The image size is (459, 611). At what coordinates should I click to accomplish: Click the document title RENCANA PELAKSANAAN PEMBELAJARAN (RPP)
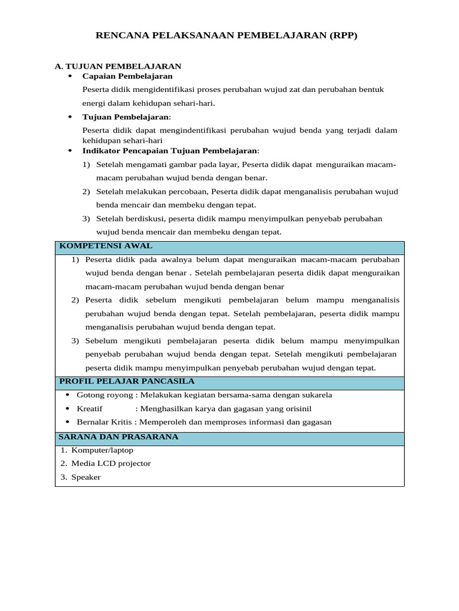click(x=227, y=36)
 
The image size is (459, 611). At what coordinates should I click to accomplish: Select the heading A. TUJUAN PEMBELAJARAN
click(x=118, y=66)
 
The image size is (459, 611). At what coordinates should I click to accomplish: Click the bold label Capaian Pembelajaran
click(x=127, y=76)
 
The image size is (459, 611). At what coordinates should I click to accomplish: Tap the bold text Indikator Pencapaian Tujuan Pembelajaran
click(x=170, y=151)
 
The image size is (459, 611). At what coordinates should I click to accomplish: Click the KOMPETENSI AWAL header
click(x=106, y=246)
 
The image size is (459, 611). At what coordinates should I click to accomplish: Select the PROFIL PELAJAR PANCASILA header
click(x=127, y=381)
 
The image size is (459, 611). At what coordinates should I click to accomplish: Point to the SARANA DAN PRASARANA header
click(x=119, y=437)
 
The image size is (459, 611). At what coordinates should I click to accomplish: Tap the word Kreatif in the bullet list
click(x=90, y=409)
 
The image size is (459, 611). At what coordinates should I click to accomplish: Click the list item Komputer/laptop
click(x=102, y=450)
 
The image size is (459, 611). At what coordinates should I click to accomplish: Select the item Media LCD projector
click(x=111, y=464)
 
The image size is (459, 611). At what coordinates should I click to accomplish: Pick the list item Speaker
click(x=86, y=477)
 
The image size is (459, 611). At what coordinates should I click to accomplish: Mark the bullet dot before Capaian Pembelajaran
click(x=70, y=76)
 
